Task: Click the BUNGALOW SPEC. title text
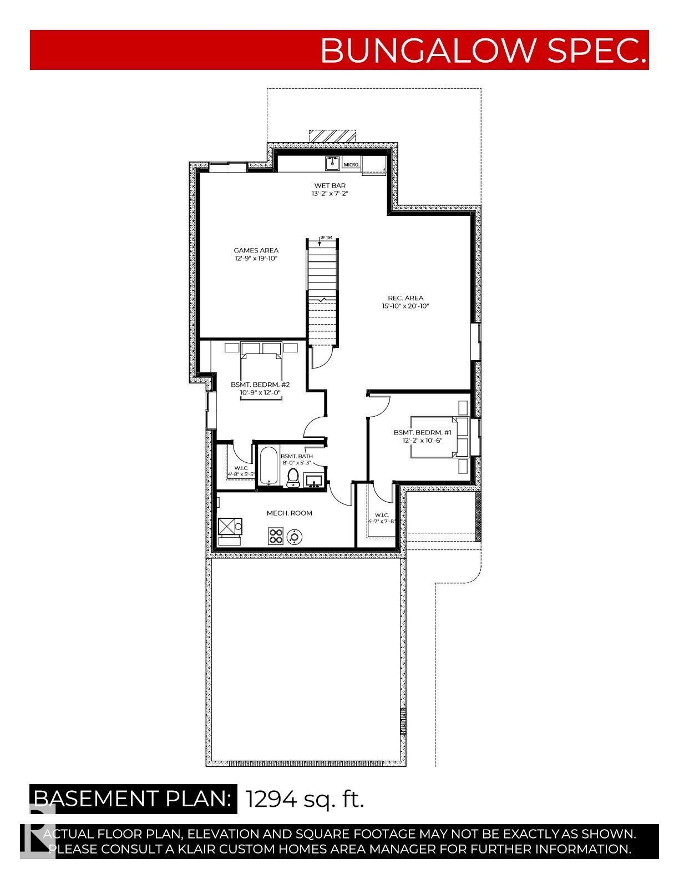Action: click(x=483, y=50)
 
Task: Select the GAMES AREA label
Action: click(x=256, y=250)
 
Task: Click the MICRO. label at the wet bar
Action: click(x=352, y=165)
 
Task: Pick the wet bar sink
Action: click(x=332, y=164)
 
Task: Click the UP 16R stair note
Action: click(x=326, y=238)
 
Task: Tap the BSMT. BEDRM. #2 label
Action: click(x=260, y=385)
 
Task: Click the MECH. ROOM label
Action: click(x=289, y=513)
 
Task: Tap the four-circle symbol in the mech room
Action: click(x=276, y=536)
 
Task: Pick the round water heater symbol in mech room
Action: click(x=294, y=537)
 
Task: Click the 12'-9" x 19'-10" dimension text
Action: click(x=256, y=259)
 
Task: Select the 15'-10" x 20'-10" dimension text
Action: click(x=406, y=306)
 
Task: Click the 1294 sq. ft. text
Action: click(x=305, y=799)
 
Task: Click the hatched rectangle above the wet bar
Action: click(x=331, y=136)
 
